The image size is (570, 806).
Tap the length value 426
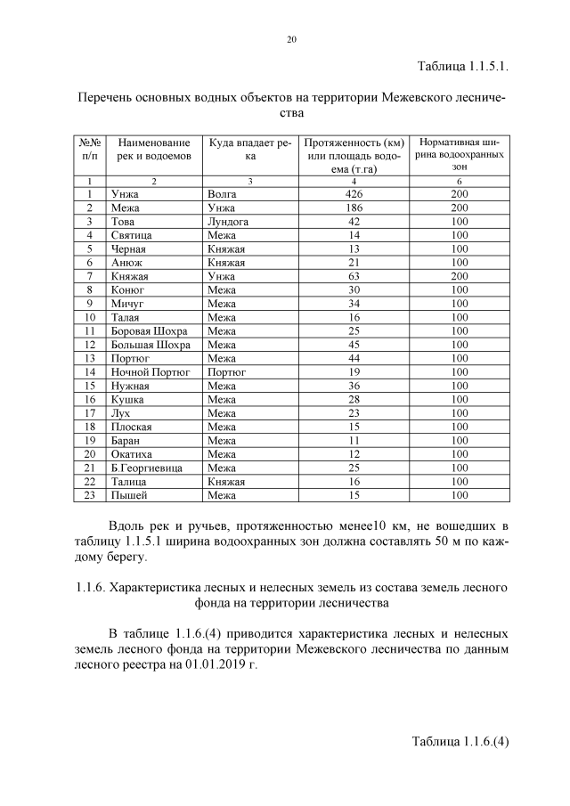pos(354,193)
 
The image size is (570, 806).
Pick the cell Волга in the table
pos(223,193)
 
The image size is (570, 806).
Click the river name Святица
pos(129,235)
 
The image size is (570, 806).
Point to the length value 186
pos(354,208)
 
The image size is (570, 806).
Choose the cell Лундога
pos(228,221)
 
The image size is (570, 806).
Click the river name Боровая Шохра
pos(149,331)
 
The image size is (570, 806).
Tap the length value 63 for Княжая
pos(354,276)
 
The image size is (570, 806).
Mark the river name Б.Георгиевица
pos(147,468)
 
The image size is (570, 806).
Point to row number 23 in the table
pos(90,496)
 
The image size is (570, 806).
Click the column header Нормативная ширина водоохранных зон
pos(460,154)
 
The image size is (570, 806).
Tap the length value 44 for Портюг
pos(354,359)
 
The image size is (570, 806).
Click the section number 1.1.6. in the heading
pos(87,589)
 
